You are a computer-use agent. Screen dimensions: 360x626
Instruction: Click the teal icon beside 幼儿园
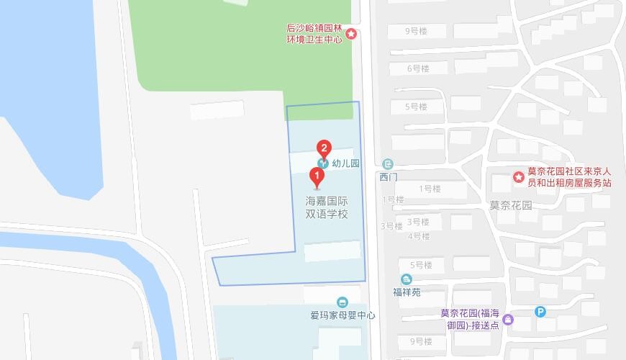pyautogui.click(x=323, y=163)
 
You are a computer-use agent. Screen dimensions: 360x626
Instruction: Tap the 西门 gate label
pyautogui.click(x=388, y=176)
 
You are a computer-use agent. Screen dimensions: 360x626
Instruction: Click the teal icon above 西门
pyautogui.click(x=388, y=164)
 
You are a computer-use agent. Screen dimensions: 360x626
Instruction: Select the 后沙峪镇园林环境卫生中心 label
pyautogui.click(x=314, y=34)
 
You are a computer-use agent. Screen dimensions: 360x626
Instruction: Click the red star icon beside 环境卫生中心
pyautogui.click(x=351, y=34)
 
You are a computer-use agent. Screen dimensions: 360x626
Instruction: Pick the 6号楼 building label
pyautogui.click(x=417, y=68)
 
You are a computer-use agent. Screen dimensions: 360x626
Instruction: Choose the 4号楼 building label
pyautogui.click(x=418, y=236)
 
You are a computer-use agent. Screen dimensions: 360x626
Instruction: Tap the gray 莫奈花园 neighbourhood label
pyautogui.click(x=510, y=204)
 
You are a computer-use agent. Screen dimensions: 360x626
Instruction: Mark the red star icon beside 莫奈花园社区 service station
pyautogui.click(x=518, y=177)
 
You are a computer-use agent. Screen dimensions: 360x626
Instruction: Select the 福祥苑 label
pyautogui.click(x=407, y=292)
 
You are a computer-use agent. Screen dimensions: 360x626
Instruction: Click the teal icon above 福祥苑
pyautogui.click(x=407, y=279)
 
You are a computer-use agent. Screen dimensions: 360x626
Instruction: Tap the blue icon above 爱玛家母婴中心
pyautogui.click(x=343, y=302)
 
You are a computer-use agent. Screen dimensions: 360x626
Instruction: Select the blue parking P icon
pyautogui.click(x=540, y=312)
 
